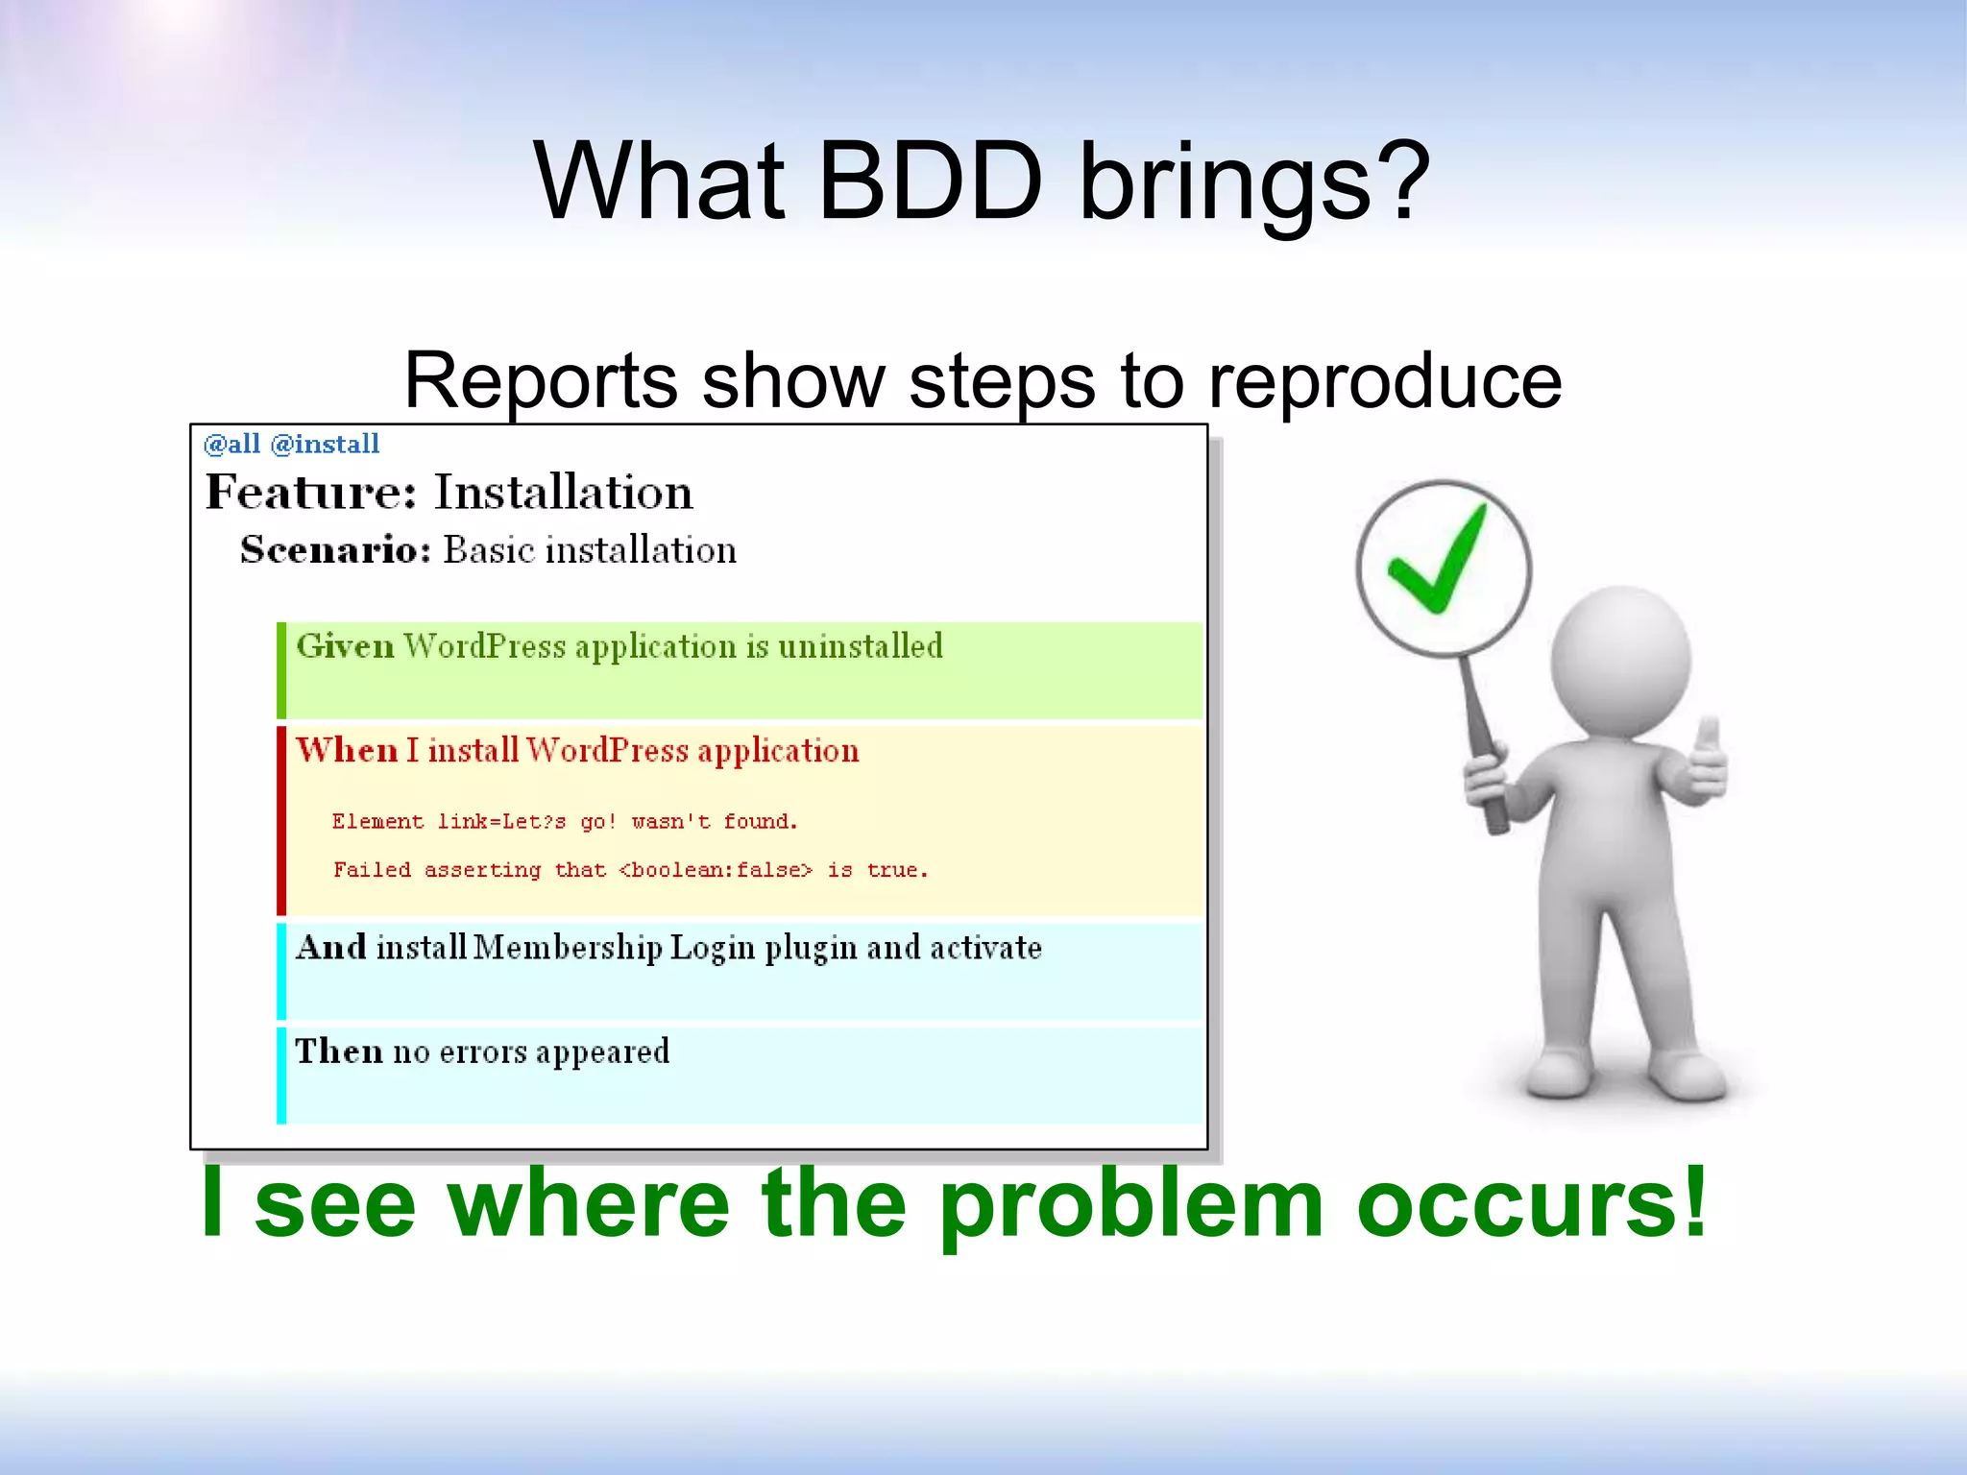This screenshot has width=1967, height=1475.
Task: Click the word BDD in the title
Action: point(930,181)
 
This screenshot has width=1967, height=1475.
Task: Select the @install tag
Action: point(325,444)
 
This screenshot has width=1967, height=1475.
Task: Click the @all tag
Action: point(231,444)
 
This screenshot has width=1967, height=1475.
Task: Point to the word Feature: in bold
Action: point(311,493)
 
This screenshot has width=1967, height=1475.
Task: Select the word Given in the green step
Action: point(345,646)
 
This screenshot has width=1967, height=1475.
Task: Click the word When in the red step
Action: point(346,750)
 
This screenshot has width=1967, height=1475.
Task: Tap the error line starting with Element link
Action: point(565,822)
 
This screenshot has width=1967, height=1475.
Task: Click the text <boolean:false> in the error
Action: point(716,870)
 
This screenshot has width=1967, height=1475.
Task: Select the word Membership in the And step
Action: point(568,948)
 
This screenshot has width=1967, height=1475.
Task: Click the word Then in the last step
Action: point(339,1052)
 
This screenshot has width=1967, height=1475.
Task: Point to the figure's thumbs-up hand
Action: point(1706,763)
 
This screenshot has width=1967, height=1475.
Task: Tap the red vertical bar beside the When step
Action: point(281,820)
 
